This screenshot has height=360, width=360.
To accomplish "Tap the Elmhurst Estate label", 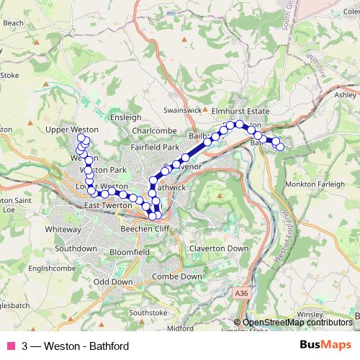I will [x=240, y=112].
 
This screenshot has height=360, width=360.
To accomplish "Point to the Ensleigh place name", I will [x=126, y=117].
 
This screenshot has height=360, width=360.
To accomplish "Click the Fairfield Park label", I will [x=154, y=147].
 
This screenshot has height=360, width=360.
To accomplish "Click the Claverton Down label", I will [x=218, y=248].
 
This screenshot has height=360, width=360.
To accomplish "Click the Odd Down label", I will [x=113, y=282].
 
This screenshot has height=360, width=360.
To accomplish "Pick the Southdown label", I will [x=76, y=248].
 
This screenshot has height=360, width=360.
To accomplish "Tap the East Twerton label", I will [x=108, y=206].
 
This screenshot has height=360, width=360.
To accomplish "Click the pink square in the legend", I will [x=10, y=346].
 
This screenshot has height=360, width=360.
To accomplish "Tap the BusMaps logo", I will [x=325, y=345].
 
